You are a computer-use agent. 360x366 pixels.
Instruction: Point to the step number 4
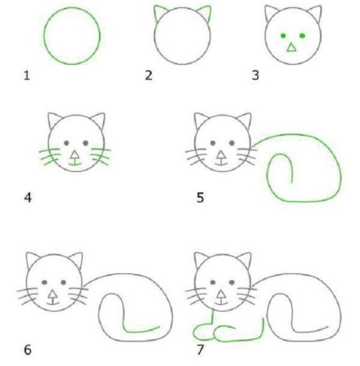[x=28, y=196]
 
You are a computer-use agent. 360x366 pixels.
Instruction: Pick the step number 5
[x=200, y=196]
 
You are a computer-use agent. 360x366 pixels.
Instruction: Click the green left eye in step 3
[x=283, y=36]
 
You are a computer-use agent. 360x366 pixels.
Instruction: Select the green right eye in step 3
[x=302, y=36]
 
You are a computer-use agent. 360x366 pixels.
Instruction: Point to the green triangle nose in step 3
[x=291, y=48]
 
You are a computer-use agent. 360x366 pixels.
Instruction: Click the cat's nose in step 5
[x=221, y=151]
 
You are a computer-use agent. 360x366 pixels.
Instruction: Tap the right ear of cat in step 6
[x=76, y=261]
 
